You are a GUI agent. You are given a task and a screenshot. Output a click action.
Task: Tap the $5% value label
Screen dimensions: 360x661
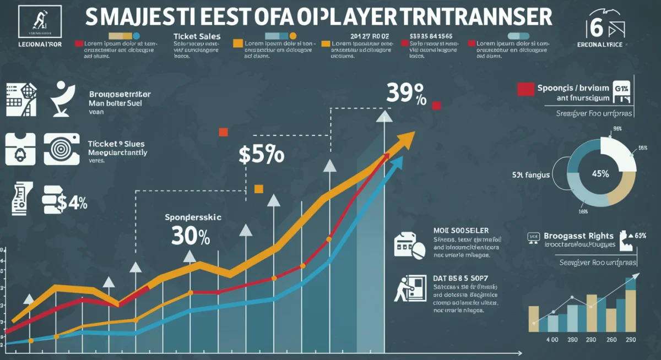262,155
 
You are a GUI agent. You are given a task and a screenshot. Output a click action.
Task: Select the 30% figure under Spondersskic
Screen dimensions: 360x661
190,236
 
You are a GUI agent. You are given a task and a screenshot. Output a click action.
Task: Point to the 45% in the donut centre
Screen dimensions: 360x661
600,173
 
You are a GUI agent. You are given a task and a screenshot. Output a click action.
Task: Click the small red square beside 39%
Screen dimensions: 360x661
437,105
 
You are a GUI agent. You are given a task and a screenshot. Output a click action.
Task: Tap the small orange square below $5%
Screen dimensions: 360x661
258,189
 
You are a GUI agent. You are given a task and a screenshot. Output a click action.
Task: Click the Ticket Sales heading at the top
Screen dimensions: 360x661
197,36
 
